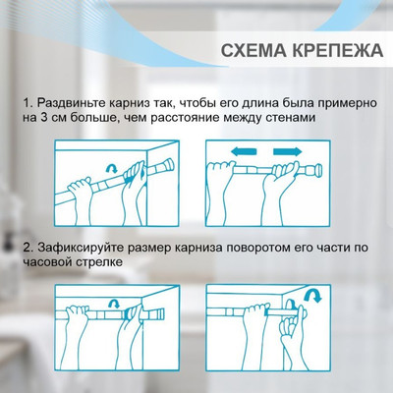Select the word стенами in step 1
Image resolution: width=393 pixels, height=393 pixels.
click(x=338, y=119)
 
